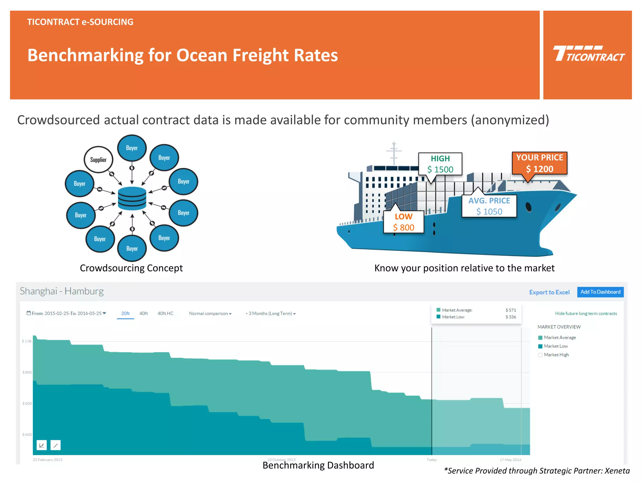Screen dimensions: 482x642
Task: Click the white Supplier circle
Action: tap(98, 160)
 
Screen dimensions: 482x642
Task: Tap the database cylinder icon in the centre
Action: tap(132, 198)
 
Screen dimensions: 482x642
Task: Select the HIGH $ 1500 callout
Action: tap(440, 164)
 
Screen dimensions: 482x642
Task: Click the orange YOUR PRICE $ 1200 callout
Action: tap(539, 163)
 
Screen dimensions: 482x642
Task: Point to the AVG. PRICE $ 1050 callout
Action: tap(489, 206)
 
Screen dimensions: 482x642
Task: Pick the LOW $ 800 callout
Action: tap(404, 222)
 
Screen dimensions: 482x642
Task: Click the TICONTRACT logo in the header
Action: tap(588, 54)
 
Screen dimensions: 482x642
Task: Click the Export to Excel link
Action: tap(549, 292)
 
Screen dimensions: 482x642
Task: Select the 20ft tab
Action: tap(125, 313)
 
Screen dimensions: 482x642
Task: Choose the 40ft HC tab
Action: tap(165, 313)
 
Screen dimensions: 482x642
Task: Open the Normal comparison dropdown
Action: tap(210, 313)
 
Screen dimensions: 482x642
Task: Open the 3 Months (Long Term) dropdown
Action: tap(271, 313)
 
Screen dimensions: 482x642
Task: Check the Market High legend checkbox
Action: tap(540, 355)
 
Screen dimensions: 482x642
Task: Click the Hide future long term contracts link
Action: tap(586, 313)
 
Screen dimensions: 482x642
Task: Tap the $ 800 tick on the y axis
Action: tap(27, 372)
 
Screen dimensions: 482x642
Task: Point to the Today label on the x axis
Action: tap(432, 460)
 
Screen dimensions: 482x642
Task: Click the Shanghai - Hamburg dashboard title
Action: tap(62, 291)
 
